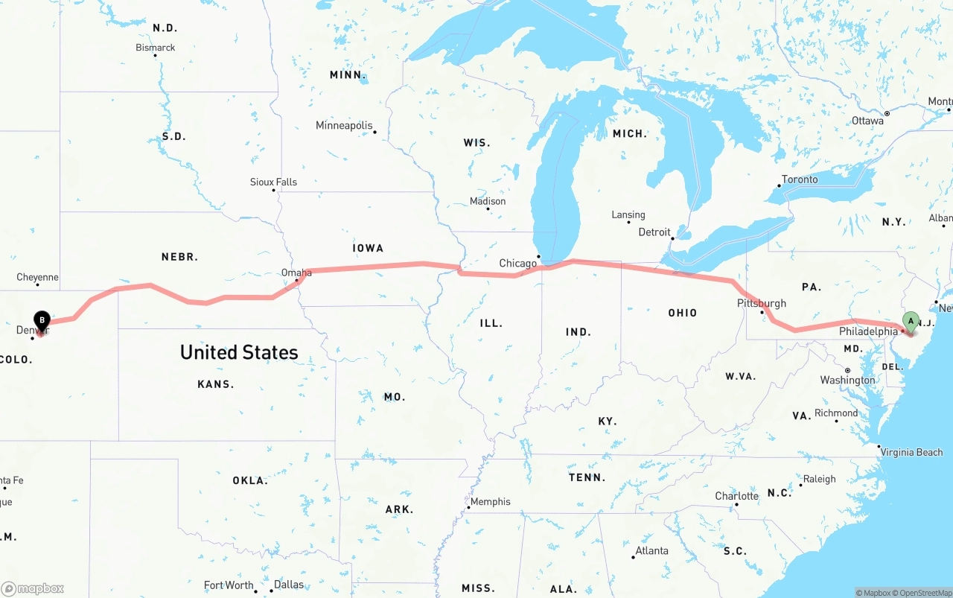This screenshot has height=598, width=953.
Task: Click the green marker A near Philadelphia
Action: (x=910, y=322)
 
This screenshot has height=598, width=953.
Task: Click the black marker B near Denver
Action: (x=42, y=321)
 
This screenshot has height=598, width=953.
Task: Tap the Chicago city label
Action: (x=517, y=263)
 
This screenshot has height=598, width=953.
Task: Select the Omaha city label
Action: (x=296, y=273)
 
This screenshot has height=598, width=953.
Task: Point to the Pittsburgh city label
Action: (x=761, y=303)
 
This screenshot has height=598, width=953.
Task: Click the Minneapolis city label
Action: (x=344, y=125)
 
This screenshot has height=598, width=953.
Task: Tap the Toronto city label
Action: (x=800, y=179)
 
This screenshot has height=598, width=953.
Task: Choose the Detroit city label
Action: (x=654, y=232)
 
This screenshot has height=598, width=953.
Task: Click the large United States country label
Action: (x=239, y=352)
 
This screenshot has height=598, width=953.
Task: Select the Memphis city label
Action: (x=490, y=501)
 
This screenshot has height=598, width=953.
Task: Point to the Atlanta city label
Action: (x=651, y=550)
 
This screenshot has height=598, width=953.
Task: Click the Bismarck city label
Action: (x=156, y=47)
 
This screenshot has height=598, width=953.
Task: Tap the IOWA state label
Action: (x=368, y=247)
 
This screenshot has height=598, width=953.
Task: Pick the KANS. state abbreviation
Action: (x=216, y=384)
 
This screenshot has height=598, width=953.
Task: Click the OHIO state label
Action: (x=682, y=313)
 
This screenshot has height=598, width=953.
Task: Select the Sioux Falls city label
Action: (x=273, y=182)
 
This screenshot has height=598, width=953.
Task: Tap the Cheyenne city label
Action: (x=37, y=277)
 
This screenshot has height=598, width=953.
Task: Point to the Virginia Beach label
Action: (x=916, y=451)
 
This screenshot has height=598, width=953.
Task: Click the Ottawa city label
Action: (x=867, y=120)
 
